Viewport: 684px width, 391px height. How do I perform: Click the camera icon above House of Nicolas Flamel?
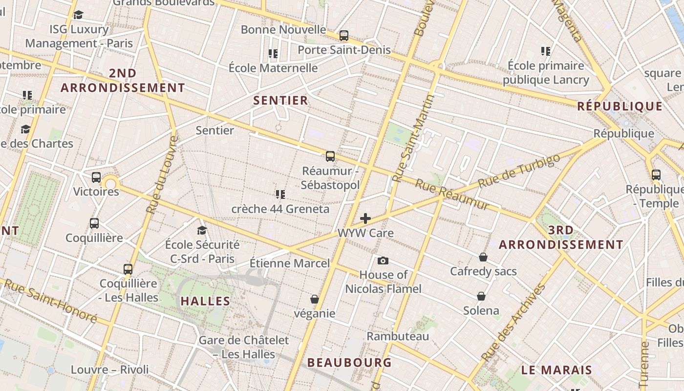383,261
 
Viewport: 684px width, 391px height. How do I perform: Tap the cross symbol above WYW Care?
365,218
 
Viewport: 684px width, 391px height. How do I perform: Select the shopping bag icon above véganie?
315,299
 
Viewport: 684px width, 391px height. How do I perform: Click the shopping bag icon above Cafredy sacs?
483,257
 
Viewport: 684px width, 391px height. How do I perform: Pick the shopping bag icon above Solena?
481,296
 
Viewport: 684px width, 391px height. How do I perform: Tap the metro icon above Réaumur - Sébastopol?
330,156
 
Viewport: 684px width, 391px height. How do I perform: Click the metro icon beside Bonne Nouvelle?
344,35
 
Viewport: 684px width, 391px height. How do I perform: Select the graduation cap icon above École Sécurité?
202,230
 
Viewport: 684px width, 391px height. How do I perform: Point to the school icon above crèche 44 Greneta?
280,195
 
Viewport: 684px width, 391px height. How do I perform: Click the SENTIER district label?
280,101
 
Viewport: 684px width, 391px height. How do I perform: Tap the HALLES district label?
205,301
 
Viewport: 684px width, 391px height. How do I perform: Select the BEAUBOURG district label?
349,363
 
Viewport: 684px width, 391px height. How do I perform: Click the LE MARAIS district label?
556,370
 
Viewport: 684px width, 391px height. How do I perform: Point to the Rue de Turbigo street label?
519,171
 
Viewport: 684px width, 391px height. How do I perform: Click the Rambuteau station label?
398,336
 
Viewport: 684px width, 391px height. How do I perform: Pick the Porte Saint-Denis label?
344,50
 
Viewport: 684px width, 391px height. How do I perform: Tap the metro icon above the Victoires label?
96,177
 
